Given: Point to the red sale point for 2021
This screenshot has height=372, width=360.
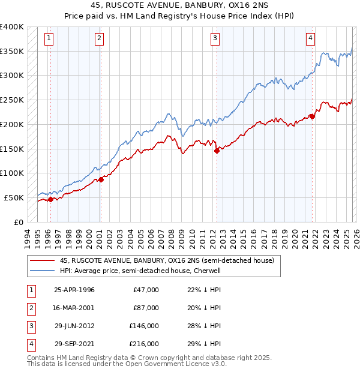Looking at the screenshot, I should coord(312,116).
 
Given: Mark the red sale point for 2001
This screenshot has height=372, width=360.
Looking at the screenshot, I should coord(101,179).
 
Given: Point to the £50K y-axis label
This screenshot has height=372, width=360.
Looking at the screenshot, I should coord(14,197).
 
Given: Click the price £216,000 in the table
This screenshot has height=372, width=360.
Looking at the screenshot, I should coord(145,344).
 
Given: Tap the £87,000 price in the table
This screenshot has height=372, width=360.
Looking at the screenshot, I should coord(146,308).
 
